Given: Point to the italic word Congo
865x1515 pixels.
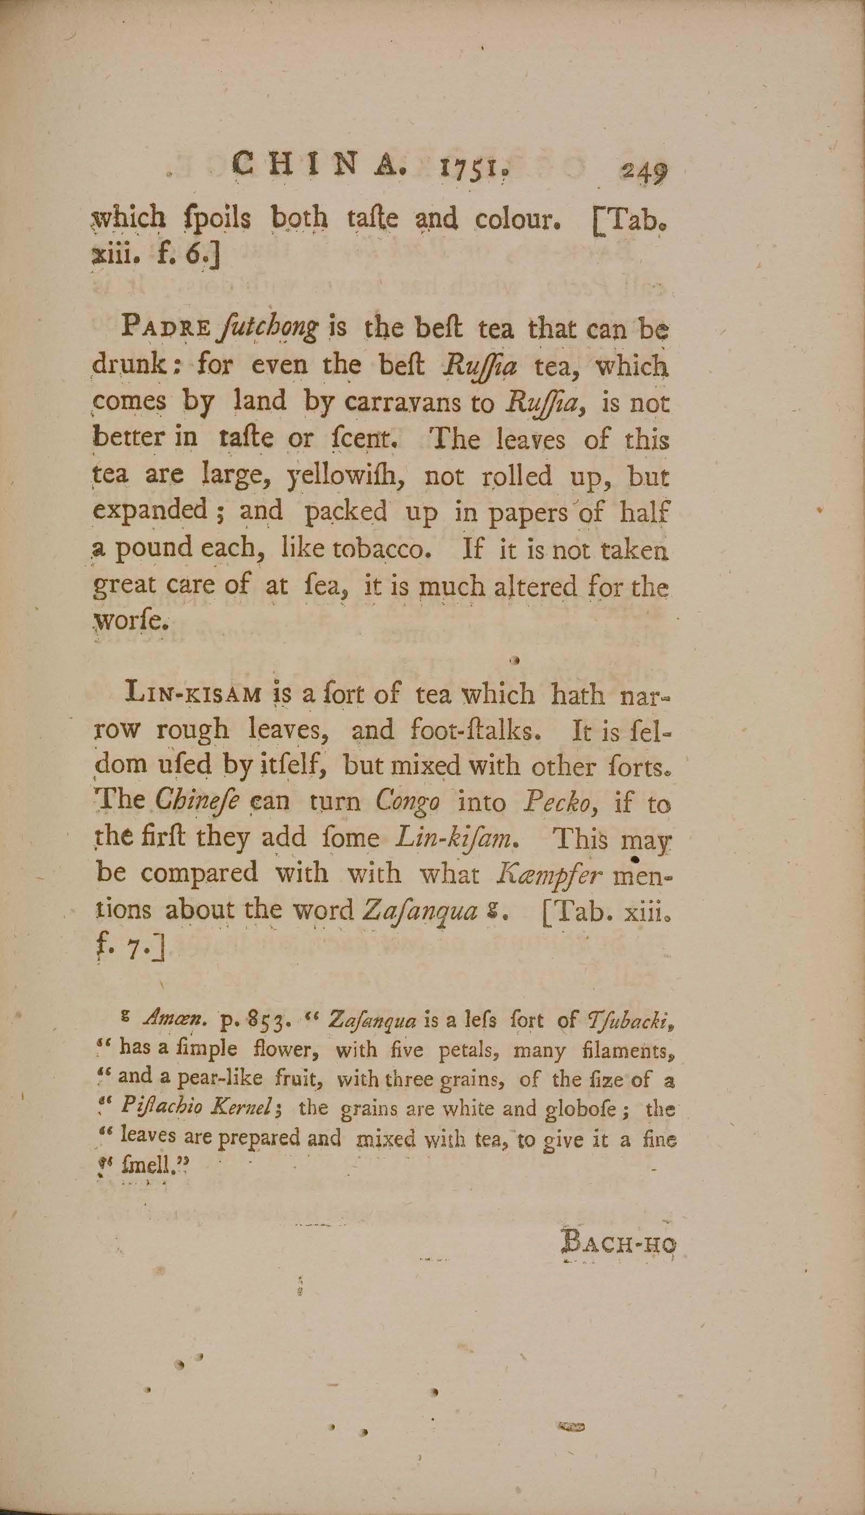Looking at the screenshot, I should (408, 802).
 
